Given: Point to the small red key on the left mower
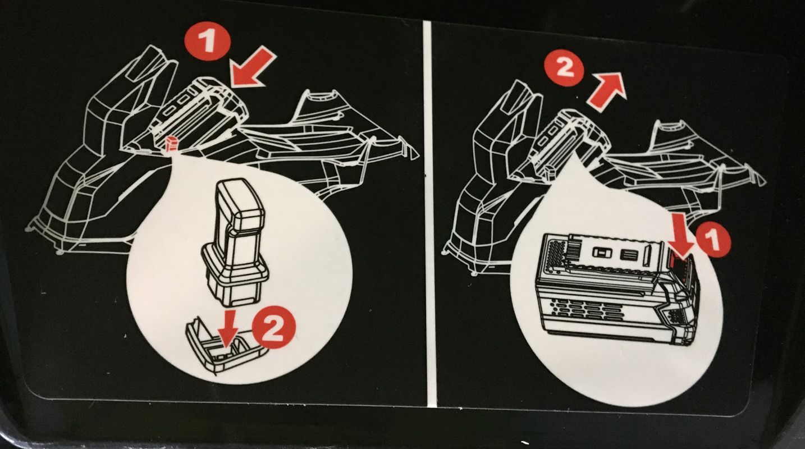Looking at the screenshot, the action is (x=171, y=144).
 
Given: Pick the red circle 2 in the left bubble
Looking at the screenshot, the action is (x=273, y=328).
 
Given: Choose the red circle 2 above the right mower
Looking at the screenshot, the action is (x=563, y=68).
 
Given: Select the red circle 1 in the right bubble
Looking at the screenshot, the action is (x=713, y=240).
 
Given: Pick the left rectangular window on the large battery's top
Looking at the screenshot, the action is (x=603, y=253).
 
